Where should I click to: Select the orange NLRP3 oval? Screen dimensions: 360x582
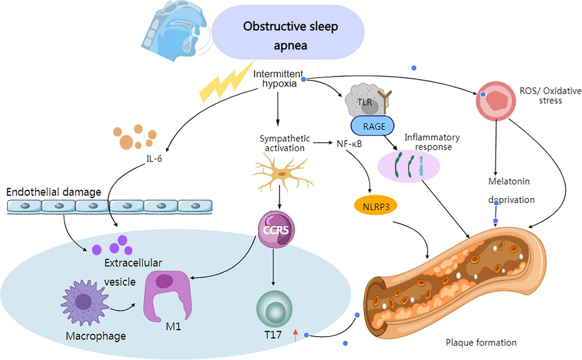point(375,206)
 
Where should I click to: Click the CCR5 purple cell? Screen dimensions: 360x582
point(276,229)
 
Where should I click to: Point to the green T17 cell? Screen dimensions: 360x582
point(274,308)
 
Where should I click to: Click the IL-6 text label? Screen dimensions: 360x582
point(154,159)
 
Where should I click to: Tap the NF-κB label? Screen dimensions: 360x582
point(349,144)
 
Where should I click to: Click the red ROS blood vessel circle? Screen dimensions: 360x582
point(495,101)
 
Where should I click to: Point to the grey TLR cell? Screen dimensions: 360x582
point(365,100)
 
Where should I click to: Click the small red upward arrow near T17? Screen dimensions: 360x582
point(295,336)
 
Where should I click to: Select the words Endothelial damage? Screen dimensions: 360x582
point(54,192)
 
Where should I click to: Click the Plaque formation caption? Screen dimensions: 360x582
point(481,343)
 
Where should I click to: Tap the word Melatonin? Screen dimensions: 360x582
point(508,181)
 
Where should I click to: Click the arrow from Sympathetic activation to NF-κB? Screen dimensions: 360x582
point(323,143)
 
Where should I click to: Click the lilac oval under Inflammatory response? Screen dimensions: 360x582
point(408,166)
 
